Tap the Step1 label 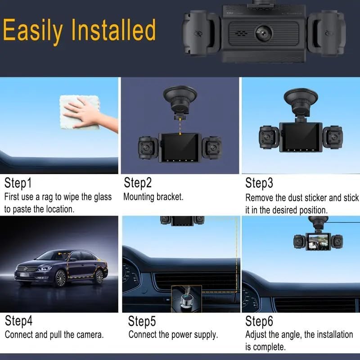[x=18, y=183]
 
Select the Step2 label [x=138, y=183]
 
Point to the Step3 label [x=259, y=184]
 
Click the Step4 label [x=19, y=321]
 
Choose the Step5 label [x=142, y=321]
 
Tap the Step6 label [x=259, y=321]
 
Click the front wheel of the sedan [x=60, y=278]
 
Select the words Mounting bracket [x=153, y=197]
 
